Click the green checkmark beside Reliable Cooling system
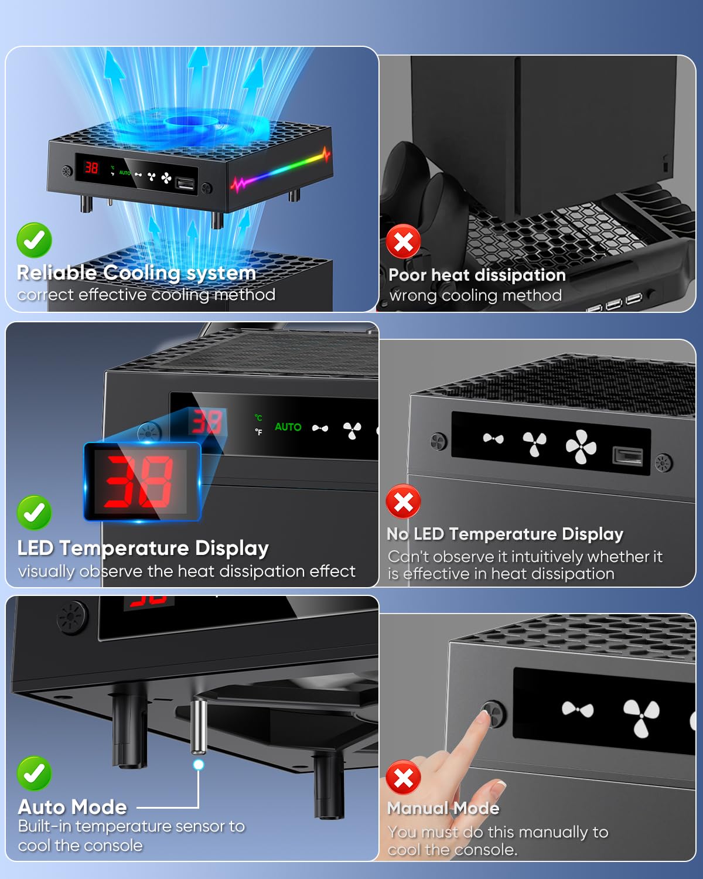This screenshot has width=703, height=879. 34,240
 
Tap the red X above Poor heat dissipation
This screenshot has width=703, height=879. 403,241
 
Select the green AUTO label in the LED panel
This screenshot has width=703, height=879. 288,427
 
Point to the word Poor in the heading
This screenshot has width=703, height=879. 407,275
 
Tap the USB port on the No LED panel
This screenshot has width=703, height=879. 627,455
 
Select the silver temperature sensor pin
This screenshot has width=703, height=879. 199,727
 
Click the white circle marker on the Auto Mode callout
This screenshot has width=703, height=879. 199,765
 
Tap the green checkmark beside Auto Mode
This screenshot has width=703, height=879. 34,774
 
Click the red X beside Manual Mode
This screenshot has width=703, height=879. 403,778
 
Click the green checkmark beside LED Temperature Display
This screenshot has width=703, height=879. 34,513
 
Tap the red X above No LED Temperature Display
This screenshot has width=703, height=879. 403,502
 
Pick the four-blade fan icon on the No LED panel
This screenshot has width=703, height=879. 581,447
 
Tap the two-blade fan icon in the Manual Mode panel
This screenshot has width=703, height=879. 577,710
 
